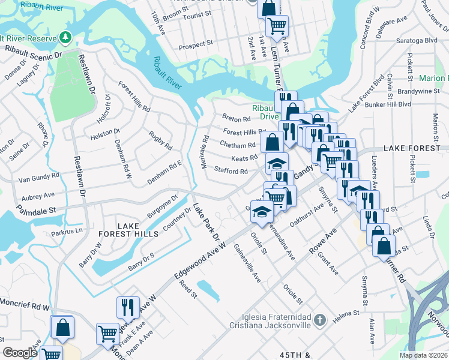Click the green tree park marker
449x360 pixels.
[64, 38]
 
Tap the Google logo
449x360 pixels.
[20, 353]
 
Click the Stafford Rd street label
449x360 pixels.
[231, 172]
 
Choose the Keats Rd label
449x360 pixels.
[244, 158]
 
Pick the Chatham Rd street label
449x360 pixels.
[238, 145]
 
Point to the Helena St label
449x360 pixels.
[347, 313]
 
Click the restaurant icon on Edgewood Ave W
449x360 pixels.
[127, 307]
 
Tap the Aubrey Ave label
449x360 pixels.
[38, 196]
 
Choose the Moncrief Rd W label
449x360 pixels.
[23, 306]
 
